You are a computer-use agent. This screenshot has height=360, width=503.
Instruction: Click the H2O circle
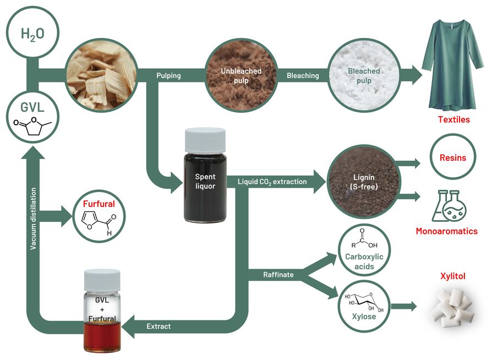(x=33, y=34)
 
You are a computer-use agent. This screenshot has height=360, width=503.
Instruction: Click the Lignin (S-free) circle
(x=355, y=182)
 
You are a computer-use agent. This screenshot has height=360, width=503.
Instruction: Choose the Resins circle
(x=452, y=157)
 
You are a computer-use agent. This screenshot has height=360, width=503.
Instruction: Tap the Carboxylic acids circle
(x=365, y=251)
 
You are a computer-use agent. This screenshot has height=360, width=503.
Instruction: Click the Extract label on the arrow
(x=158, y=326)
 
